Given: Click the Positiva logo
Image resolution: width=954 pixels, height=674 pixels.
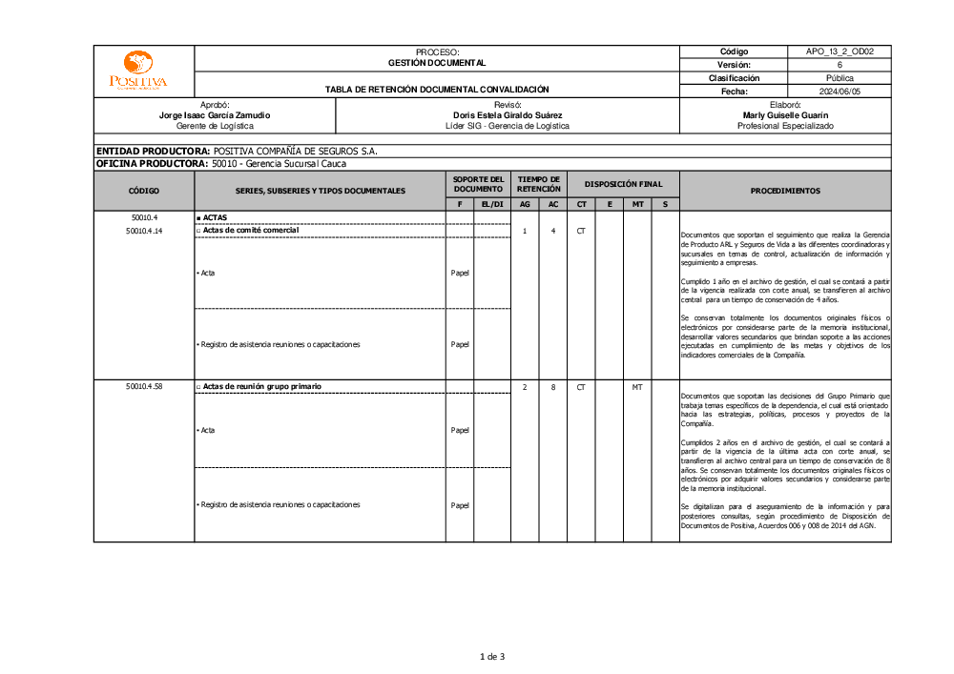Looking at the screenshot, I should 137,71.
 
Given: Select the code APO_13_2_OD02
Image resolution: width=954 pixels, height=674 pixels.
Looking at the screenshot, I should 840,51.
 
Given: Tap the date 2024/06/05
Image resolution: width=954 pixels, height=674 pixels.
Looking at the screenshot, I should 840,92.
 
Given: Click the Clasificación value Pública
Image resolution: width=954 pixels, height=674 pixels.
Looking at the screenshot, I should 840,78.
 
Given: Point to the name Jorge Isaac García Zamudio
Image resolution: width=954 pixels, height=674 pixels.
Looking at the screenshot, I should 215,114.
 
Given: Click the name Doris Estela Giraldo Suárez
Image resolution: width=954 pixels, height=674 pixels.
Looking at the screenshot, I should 508,114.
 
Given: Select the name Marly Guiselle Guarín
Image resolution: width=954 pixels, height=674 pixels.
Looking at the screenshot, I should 784,114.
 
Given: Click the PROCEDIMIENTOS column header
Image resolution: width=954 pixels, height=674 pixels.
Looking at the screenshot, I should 784,191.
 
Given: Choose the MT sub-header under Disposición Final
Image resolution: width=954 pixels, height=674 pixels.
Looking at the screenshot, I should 637,204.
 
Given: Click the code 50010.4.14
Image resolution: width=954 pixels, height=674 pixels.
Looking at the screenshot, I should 143,231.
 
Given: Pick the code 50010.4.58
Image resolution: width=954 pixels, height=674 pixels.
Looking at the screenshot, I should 143,386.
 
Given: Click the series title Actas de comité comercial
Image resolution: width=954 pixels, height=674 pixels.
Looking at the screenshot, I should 251,231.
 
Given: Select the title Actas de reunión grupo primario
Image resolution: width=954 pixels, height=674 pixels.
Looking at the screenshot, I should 262,386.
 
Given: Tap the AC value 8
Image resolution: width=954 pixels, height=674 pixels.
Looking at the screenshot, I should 553,386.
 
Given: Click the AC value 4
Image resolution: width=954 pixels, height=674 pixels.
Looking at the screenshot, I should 553,231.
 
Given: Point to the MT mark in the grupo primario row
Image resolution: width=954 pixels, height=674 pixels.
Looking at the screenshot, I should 637,386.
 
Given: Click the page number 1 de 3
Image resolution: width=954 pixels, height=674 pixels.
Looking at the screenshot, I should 491,656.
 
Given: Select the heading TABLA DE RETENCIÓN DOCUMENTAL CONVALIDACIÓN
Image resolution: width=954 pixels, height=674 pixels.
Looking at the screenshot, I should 437,90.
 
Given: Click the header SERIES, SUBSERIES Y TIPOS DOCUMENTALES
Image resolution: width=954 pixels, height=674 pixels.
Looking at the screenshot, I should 320,191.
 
